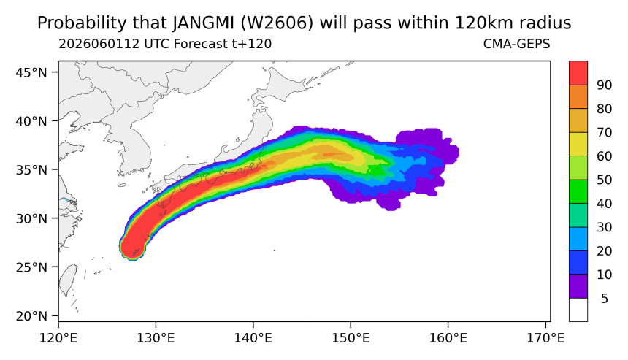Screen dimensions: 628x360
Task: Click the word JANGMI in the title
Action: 204,23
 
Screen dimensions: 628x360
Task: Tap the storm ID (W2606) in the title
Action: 277,23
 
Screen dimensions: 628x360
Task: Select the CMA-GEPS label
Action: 517,44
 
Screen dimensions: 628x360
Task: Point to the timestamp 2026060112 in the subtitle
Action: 99,44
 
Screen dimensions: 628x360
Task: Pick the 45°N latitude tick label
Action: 31,72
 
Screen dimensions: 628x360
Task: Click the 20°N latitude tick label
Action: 31,316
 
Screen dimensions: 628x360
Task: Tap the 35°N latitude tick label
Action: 31,170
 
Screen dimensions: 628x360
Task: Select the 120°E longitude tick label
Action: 58,338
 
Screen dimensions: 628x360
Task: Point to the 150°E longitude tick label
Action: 351,338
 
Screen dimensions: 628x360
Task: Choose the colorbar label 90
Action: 604,85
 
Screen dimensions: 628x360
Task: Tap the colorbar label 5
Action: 605,299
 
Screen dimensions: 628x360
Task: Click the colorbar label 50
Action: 604,180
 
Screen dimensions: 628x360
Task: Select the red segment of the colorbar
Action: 578,73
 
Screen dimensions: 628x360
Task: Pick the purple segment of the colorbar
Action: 578,286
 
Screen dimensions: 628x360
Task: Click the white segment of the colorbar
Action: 578,310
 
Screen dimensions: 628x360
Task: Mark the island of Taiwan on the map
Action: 67,280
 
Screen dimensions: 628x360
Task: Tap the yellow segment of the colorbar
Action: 578,144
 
